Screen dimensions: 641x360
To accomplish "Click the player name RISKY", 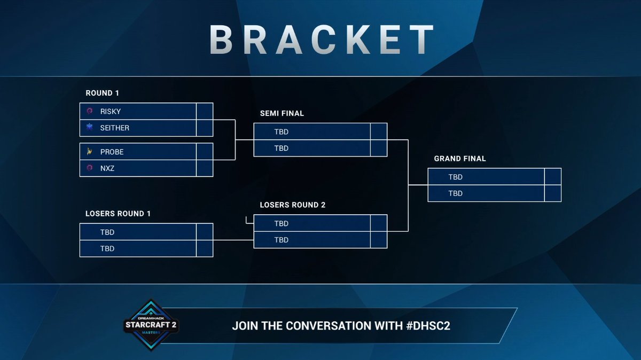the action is (110, 112).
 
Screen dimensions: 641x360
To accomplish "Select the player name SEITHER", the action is (114, 128).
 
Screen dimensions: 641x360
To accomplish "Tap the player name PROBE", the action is (112, 152).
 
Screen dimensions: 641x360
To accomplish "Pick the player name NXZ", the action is (107, 168).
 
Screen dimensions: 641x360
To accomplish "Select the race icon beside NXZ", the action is (89, 168).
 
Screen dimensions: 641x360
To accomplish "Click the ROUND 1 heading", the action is (103, 93).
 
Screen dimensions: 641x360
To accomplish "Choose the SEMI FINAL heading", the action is (282, 114).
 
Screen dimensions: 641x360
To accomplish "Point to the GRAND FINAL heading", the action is (460, 159).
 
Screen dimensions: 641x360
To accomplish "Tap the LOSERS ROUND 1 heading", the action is (118, 214).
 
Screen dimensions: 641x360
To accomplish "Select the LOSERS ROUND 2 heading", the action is (292, 205).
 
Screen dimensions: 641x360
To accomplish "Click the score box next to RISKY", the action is (205, 112).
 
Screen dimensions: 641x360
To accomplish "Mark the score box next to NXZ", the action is (205, 168).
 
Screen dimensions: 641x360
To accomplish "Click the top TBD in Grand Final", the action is (455, 177).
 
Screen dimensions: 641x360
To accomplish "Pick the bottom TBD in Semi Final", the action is (281, 148).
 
